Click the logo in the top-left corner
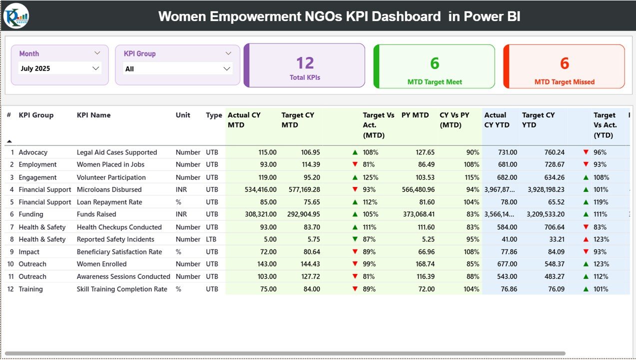click(x=16, y=16)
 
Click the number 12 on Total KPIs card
click(x=305, y=63)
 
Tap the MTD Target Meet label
click(x=435, y=82)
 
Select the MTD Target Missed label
click(x=565, y=82)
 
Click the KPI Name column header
click(x=94, y=115)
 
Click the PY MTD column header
click(x=415, y=115)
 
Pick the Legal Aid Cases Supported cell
click(x=117, y=152)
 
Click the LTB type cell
click(x=212, y=239)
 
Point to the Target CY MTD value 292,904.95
click(x=301, y=214)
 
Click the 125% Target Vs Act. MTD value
click(x=371, y=177)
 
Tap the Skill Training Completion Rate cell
click(x=122, y=289)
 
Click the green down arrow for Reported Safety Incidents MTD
click(x=355, y=239)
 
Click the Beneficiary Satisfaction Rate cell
click(x=119, y=252)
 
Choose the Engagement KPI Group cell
click(x=38, y=177)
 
